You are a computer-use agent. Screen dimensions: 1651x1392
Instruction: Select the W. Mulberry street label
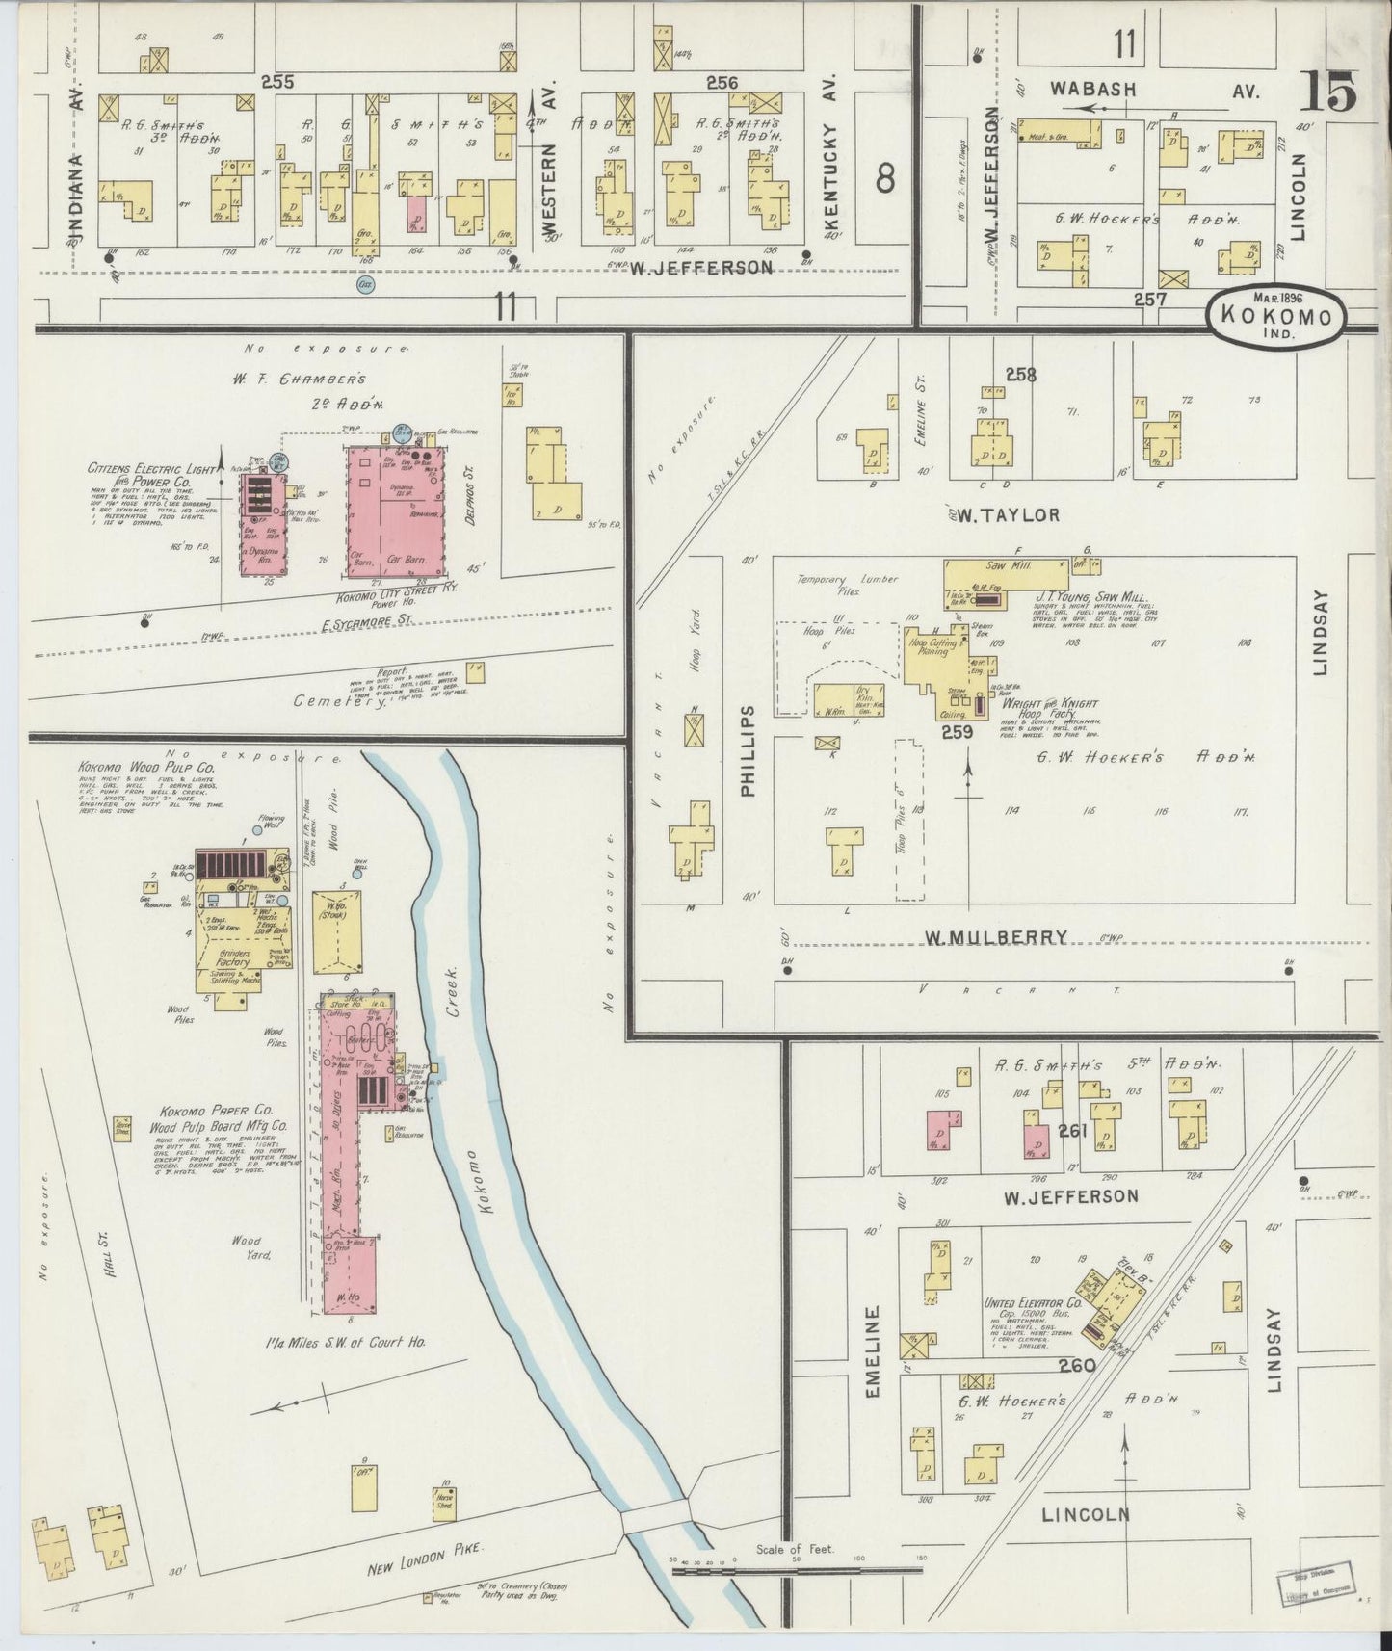point(994,936)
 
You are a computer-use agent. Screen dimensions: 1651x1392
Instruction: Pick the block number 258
point(1019,376)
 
